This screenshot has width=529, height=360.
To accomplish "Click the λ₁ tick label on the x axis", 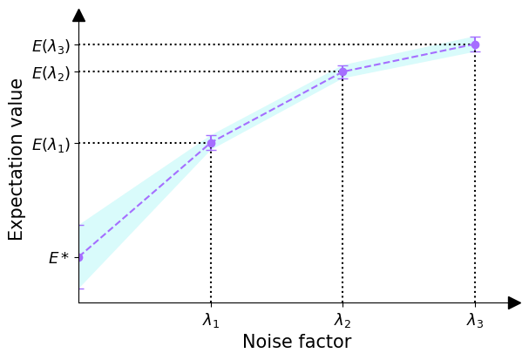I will pyautogui.click(x=211, y=321).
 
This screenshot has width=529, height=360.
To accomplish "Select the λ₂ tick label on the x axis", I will pyautogui.click(x=342, y=321).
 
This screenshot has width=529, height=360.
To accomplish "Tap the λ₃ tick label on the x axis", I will pyautogui.click(x=475, y=321).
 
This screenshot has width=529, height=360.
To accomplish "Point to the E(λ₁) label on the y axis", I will pyautogui.click(x=51, y=145).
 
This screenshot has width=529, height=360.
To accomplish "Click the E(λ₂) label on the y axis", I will pyautogui.click(x=51, y=73).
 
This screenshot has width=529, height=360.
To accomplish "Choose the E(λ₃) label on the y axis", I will pyautogui.click(x=51, y=46).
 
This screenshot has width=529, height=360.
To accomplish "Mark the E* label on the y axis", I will pyautogui.click(x=58, y=258).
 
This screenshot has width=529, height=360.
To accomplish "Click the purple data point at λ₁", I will pyautogui.click(x=211, y=143).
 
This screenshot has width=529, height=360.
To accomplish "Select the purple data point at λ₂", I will pyautogui.click(x=342, y=71).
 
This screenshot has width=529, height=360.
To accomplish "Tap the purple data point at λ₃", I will pyautogui.click(x=475, y=44).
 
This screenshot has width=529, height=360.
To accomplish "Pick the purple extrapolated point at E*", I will pyautogui.click(x=79, y=257).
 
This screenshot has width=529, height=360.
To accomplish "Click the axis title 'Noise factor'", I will pyautogui.click(x=296, y=342).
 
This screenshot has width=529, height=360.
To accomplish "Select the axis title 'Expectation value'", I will pyautogui.click(x=17, y=159).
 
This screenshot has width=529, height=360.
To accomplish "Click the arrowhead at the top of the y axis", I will pyautogui.click(x=78, y=15).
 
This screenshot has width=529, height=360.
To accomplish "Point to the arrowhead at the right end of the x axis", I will pyautogui.click(x=514, y=302).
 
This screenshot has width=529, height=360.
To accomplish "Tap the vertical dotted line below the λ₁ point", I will pyautogui.click(x=211, y=227).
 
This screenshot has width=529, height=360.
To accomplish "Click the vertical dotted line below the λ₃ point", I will pyautogui.click(x=475, y=174).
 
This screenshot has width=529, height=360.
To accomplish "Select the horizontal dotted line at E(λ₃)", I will pyautogui.click(x=261, y=44).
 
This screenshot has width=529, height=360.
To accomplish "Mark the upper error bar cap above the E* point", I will pyautogui.click(x=80, y=225).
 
